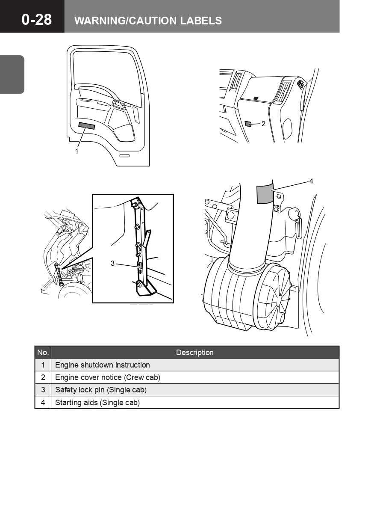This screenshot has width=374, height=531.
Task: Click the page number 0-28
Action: click(37, 19)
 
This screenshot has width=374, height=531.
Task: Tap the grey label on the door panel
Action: click(87, 125)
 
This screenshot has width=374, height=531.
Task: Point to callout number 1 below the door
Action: click(77, 151)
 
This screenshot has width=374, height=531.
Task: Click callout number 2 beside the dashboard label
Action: click(263, 124)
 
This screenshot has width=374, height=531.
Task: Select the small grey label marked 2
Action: click(248, 124)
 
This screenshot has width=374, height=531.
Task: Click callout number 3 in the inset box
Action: click(113, 263)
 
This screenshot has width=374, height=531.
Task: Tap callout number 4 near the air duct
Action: click(311, 181)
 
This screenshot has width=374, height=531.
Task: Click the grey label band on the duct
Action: click(264, 194)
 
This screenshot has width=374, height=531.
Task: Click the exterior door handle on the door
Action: click(124, 155)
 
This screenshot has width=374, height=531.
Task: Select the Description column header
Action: click(194, 353)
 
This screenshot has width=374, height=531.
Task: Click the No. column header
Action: click(43, 353)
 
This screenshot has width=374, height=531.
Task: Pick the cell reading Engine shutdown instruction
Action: click(103, 365)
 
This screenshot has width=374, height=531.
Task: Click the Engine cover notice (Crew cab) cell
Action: click(108, 377)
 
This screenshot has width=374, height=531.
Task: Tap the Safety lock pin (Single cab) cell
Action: click(101, 390)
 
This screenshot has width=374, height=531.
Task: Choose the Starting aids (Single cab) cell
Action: click(97, 403)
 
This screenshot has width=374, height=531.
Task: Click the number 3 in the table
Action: click(43, 390)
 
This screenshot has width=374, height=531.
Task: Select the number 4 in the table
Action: click(43, 403)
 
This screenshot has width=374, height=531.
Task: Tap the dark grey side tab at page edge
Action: click(12, 74)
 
